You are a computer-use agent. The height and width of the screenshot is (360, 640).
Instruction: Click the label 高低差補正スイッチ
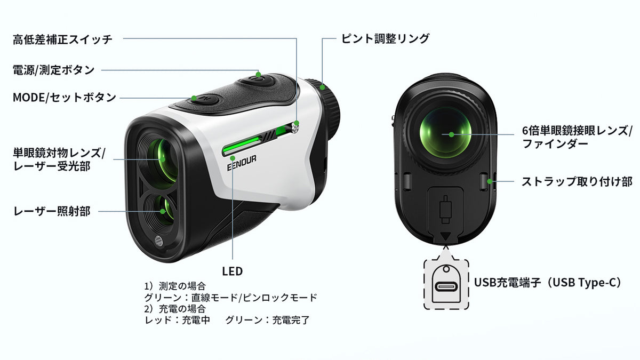point(62,39)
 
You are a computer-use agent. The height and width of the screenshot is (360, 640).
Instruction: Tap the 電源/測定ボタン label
point(53,70)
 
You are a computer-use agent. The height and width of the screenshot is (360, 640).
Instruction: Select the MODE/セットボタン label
point(65,98)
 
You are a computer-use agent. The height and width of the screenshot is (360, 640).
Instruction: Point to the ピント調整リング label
point(385,38)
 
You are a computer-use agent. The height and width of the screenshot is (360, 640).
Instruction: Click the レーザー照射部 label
point(52,211)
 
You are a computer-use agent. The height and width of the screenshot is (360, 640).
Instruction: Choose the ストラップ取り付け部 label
point(577,181)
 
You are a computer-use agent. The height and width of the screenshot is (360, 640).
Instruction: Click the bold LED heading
point(233,271)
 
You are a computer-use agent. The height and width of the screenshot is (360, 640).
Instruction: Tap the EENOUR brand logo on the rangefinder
point(242,163)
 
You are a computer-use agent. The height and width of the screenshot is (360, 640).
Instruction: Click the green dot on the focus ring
point(322,87)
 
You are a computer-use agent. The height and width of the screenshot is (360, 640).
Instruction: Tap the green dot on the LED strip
point(233,158)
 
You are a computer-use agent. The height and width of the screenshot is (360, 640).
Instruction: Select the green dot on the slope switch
point(297,123)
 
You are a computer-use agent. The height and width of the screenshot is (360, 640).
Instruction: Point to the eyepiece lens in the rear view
point(445,134)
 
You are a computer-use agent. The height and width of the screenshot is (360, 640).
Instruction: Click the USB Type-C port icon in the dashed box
point(446,286)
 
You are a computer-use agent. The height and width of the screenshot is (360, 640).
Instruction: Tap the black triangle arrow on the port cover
point(446,236)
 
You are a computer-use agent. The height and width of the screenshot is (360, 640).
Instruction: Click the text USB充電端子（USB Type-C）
point(547,283)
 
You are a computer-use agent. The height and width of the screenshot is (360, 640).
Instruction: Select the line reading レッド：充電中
point(177,321)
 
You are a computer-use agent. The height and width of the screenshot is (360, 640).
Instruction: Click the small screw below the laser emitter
point(158,242)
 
